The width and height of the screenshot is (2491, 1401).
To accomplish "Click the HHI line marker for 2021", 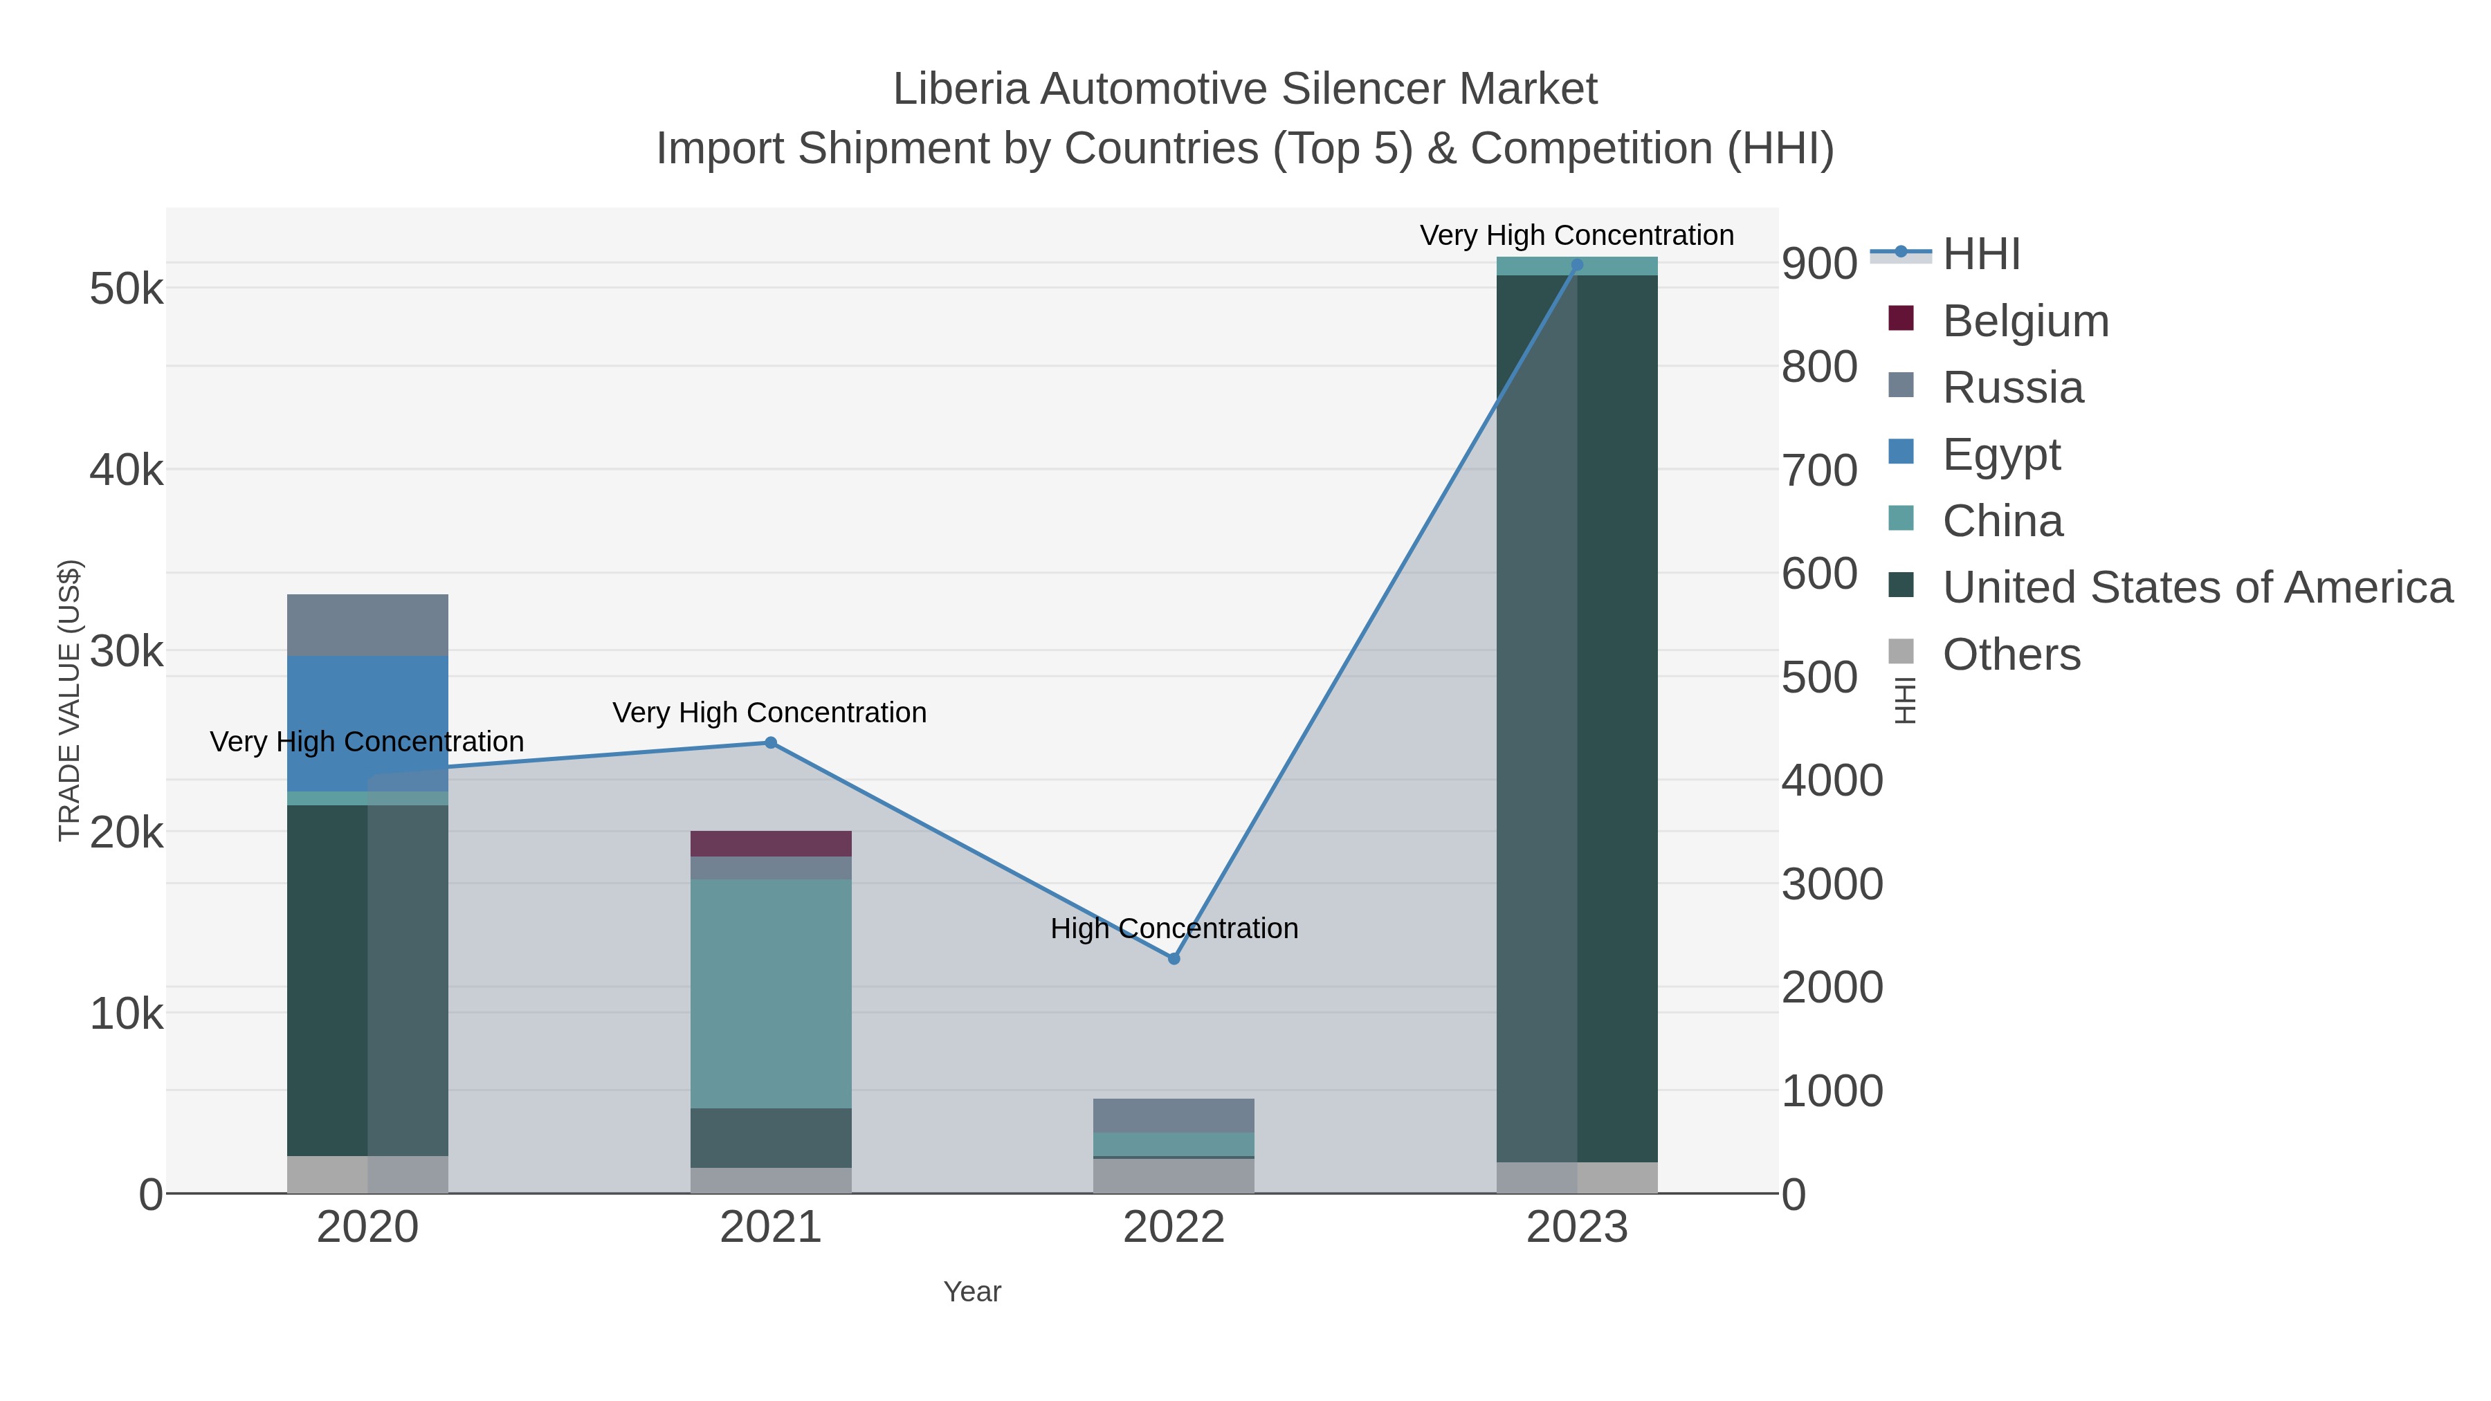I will tap(771, 742).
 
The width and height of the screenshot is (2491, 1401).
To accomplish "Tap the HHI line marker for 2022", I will tap(1174, 958).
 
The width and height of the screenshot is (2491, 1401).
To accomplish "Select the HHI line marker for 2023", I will tap(1577, 264).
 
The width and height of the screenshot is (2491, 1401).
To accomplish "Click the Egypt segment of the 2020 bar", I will tap(367, 723).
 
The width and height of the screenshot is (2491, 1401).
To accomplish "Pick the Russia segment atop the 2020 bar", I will tap(367, 625).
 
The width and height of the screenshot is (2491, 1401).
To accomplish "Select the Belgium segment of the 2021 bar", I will tap(771, 843).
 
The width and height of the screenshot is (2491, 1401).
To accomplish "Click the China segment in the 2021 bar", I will tap(771, 993).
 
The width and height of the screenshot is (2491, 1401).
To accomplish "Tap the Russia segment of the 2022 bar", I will tap(1174, 1115).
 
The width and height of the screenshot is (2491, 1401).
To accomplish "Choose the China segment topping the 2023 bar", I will tap(1577, 266).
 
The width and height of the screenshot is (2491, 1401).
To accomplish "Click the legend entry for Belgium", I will tap(2025, 321).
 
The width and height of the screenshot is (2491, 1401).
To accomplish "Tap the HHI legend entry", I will tap(1980, 255).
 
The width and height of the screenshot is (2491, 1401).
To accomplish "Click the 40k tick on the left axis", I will tap(127, 471).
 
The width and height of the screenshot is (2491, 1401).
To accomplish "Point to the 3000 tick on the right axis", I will tap(1832, 883).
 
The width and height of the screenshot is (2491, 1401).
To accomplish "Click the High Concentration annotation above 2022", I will tap(1174, 928).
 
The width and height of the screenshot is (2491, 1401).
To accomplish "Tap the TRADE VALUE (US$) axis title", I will tap(70, 700).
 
